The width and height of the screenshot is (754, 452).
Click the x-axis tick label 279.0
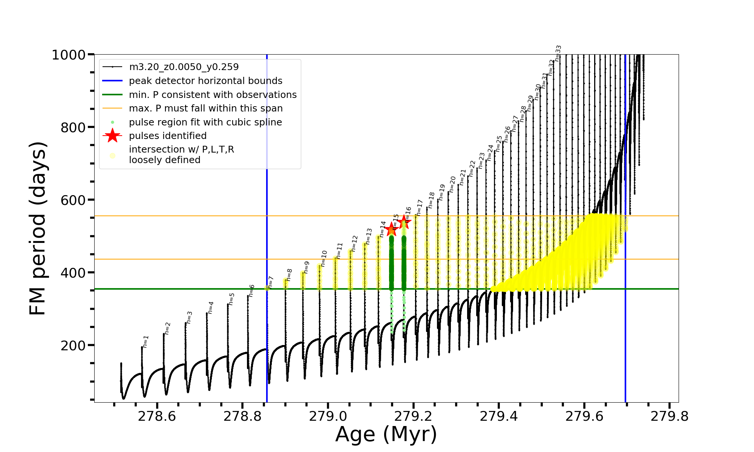click(328, 416)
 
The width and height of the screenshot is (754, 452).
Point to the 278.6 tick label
click(157, 416)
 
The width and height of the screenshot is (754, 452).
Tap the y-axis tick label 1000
click(69, 55)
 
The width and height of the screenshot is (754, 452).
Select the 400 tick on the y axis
click(73, 273)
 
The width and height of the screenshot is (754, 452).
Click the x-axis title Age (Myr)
click(386, 434)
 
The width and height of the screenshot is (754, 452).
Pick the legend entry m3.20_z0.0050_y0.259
click(184, 67)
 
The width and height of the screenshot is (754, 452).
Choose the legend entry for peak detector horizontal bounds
click(205, 81)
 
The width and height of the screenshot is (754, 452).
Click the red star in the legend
click(112, 136)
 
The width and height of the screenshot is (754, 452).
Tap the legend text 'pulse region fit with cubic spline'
click(205, 122)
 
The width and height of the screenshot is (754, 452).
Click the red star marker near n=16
click(404, 221)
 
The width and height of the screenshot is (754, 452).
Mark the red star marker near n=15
click(391, 229)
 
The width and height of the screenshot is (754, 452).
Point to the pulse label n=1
click(146, 341)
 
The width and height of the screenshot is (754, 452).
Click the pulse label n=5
click(231, 299)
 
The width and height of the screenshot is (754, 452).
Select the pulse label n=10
click(324, 258)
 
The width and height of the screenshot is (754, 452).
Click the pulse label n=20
click(452, 185)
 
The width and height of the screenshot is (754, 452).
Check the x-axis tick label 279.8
click(670, 416)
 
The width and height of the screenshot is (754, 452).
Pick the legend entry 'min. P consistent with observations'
click(213, 95)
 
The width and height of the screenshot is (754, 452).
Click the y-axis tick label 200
click(73, 345)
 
